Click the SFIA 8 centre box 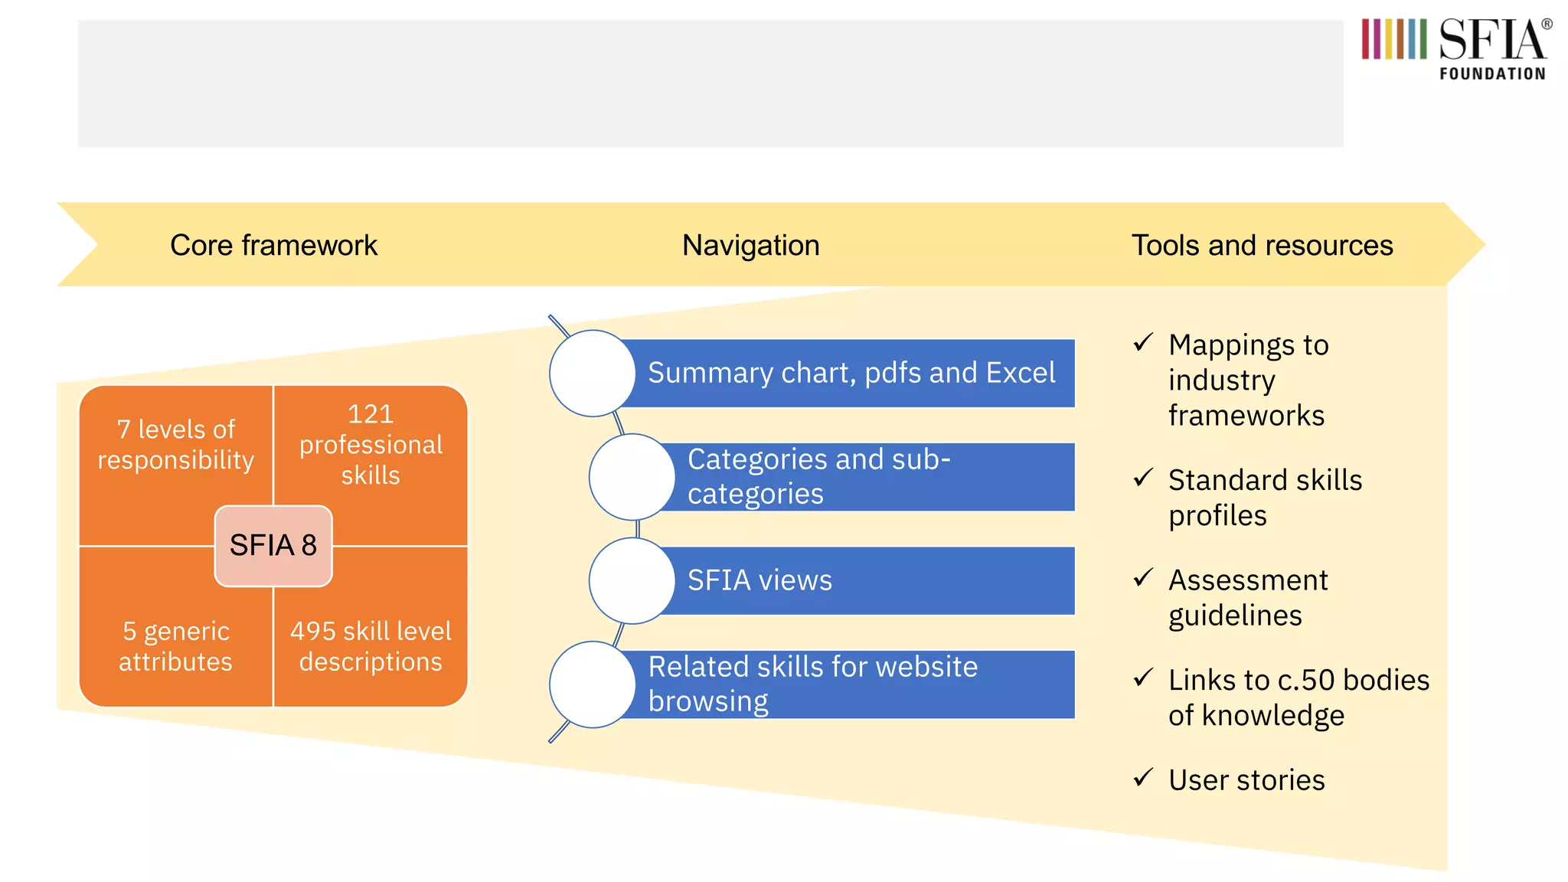[273, 546]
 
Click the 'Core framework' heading [273, 246]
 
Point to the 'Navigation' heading [750, 246]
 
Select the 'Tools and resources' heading [1262, 246]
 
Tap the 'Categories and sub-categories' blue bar [865, 476]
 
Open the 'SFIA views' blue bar [865, 580]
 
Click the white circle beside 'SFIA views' [632, 580]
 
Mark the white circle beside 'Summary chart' [593, 373]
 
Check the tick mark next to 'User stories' [1143, 778]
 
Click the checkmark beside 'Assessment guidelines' [1143, 577]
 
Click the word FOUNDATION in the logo [1491, 74]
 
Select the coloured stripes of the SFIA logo [1393, 39]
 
